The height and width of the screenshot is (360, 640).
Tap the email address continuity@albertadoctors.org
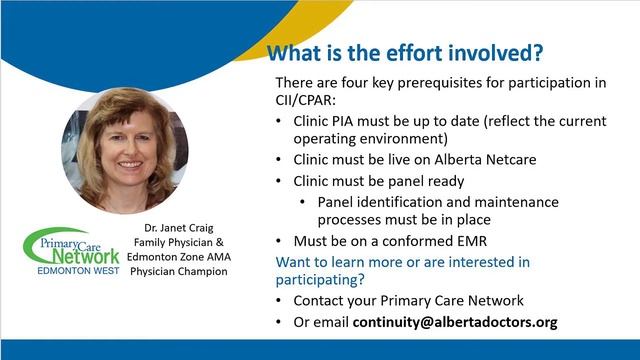[x=455, y=322]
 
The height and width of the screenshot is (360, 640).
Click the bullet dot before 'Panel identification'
[x=303, y=202]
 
